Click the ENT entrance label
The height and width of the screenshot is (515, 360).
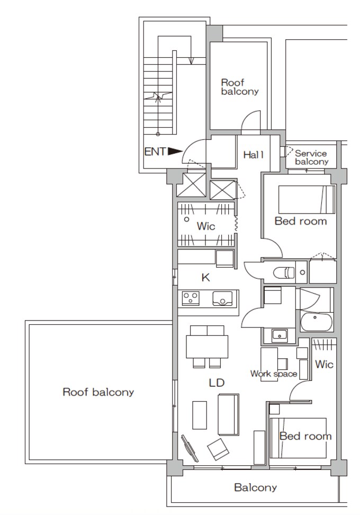[x=155, y=152]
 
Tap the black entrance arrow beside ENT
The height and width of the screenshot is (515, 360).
[x=175, y=152]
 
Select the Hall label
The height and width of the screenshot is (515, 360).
[x=254, y=155]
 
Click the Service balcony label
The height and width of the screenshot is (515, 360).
[x=311, y=157]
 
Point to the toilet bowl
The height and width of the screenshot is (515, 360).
[x=284, y=272]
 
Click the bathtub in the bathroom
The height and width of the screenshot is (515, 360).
[x=316, y=322]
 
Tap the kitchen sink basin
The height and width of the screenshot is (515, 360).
[x=223, y=298]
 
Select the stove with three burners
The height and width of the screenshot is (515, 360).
[x=191, y=298]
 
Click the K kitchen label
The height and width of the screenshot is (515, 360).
[x=205, y=278]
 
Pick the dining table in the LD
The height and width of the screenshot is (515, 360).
[x=207, y=347]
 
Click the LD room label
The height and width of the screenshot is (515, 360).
[x=217, y=383]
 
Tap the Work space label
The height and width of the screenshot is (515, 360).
[x=274, y=374]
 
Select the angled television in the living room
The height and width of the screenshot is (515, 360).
[x=190, y=448]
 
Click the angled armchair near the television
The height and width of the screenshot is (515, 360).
[x=218, y=449]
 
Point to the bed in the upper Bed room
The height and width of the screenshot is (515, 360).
[x=307, y=200]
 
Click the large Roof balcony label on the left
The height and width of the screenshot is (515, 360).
[x=98, y=392]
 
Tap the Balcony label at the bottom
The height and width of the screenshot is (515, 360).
[x=255, y=487]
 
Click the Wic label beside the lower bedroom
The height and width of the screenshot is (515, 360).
[x=324, y=364]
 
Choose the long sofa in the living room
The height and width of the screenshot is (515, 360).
[x=228, y=414]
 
